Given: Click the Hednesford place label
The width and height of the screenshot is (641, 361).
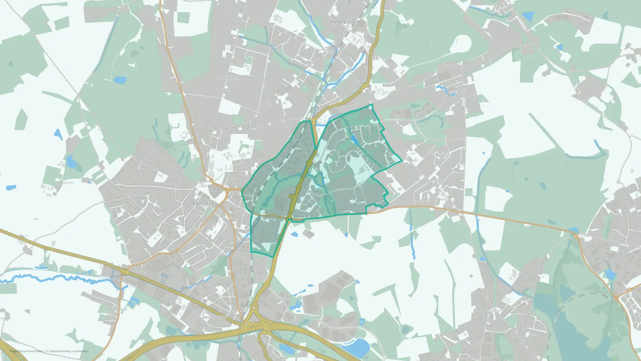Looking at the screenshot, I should [345, 22].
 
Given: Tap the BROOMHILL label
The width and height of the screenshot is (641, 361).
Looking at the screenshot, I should [229, 78].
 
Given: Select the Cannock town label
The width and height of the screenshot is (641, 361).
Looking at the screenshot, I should [203, 203].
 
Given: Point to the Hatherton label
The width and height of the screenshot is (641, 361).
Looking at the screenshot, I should [65, 183].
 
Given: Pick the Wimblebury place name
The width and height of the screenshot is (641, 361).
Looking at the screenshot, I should [461, 110].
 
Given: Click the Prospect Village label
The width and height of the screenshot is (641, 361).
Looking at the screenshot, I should [590, 83].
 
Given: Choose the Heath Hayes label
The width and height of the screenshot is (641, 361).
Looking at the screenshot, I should [437, 199].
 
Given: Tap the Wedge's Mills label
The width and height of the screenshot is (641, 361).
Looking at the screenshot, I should [116, 309].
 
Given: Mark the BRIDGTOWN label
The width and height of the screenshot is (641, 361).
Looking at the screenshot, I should [215, 317].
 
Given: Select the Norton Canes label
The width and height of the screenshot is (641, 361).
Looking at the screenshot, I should [490, 310].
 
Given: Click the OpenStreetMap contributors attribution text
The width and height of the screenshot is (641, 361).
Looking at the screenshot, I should [69, 351].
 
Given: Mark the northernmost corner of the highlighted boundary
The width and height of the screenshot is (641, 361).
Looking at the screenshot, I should [372, 104].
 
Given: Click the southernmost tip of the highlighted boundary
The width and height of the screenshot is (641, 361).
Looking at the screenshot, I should [273, 257].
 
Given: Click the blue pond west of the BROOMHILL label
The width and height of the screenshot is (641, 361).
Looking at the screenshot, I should [120, 80].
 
